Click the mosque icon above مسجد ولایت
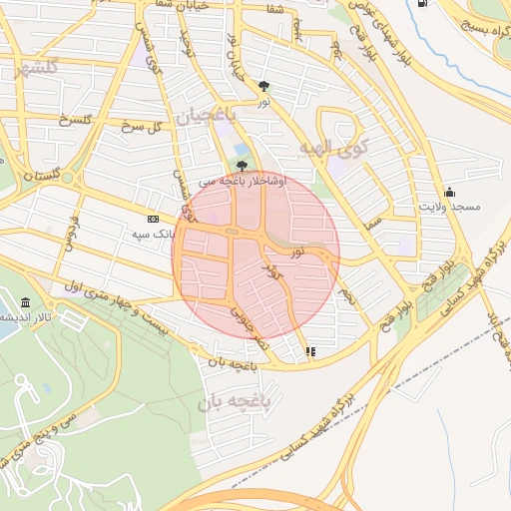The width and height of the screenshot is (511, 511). point(451,192)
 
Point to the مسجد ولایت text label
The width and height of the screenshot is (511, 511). point(449,207)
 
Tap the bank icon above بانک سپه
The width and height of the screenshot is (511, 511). point(152,219)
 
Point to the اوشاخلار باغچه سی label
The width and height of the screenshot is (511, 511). point(241,183)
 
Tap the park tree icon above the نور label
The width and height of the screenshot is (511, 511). point(263,86)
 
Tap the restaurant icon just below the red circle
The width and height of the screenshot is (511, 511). point(310,351)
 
